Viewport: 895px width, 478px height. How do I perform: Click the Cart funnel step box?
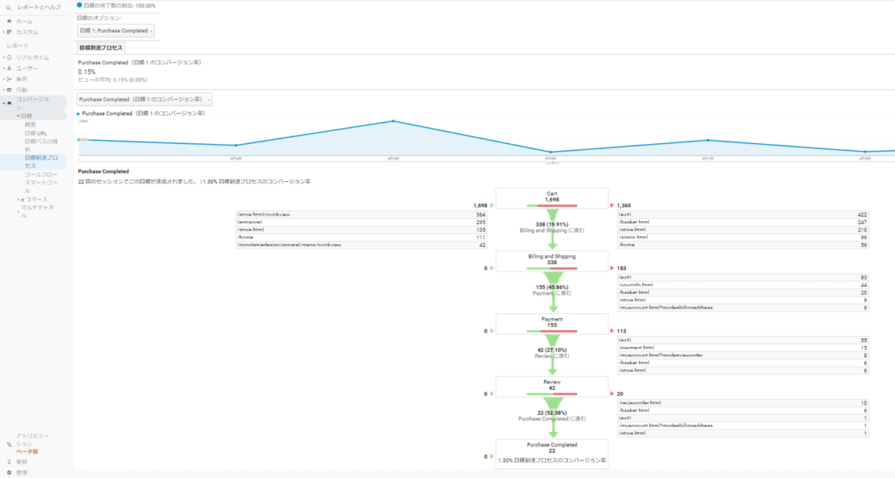(552, 198)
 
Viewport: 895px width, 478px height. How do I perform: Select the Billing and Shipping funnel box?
(552, 260)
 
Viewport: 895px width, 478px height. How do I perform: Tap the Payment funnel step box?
(552, 323)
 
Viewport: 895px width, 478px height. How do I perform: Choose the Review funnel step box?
(552, 386)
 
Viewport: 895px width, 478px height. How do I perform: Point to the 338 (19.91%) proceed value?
(552, 225)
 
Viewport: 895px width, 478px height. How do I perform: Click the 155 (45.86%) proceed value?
(552, 288)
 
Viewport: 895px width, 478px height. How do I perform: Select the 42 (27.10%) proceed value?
(552, 350)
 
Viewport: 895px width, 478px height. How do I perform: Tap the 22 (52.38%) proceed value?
(552, 413)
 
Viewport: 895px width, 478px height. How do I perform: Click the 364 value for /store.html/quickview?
(480, 214)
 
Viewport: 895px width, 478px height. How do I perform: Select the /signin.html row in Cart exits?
(741, 237)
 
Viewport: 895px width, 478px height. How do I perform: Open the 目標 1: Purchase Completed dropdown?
(115, 31)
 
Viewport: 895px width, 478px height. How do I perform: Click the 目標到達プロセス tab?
(101, 48)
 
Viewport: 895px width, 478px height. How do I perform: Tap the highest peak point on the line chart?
(393, 121)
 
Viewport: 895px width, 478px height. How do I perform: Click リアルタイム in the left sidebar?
(32, 57)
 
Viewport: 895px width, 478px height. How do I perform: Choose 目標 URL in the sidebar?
(36, 133)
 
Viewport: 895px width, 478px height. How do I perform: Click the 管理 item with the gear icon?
(22, 472)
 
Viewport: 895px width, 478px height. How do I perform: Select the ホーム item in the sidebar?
(24, 21)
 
